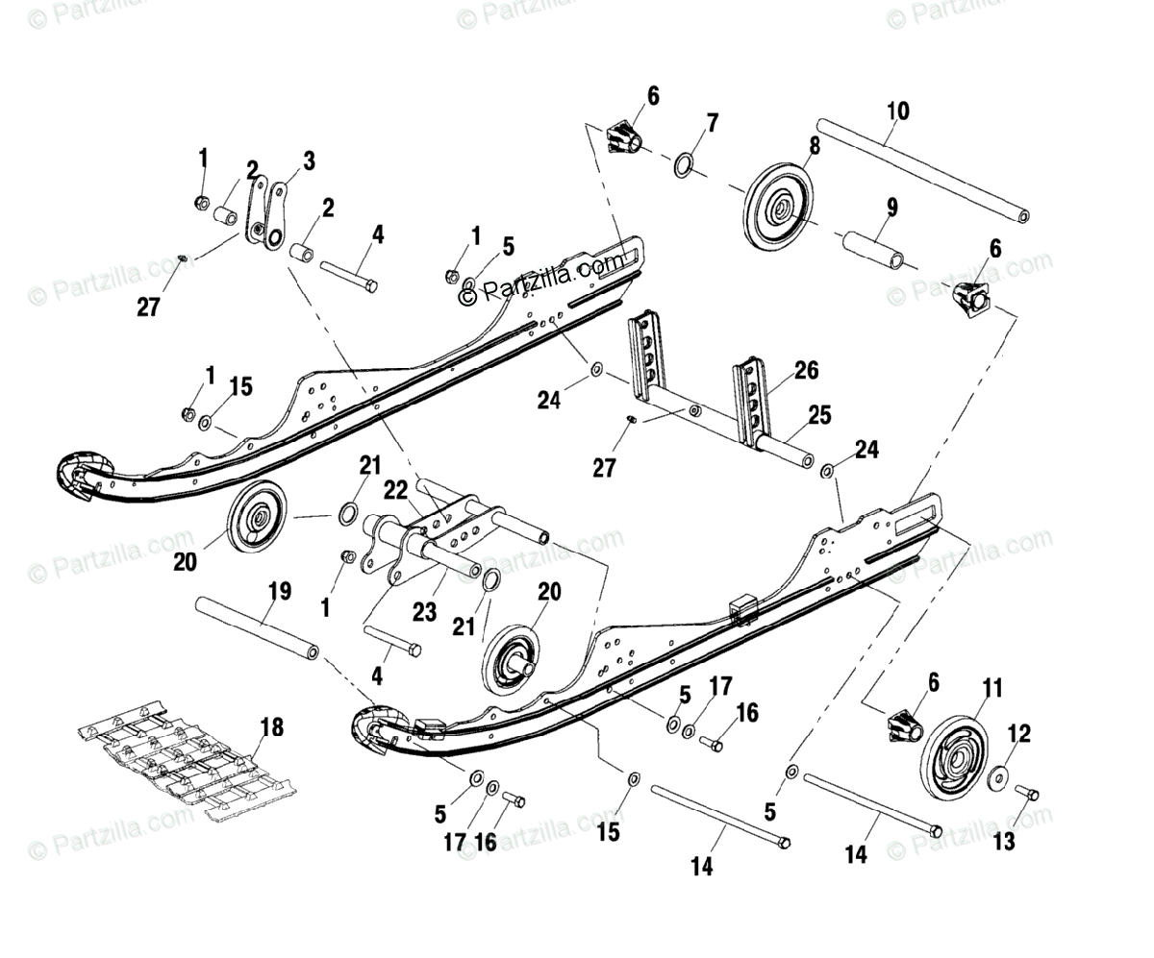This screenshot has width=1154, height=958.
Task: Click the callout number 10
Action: tap(896, 110)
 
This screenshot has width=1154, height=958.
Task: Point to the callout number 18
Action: tap(272, 726)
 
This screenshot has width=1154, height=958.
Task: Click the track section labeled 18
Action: tap(183, 759)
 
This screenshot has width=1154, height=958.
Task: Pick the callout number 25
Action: tap(820, 415)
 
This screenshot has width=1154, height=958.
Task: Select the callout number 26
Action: tap(806, 370)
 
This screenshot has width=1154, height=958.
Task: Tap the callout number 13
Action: tap(1003, 842)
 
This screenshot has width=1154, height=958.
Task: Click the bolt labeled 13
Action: tap(1026, 793)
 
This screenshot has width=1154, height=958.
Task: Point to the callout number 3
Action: tap(308, 160)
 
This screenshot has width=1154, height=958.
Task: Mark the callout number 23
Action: tap(425, 611)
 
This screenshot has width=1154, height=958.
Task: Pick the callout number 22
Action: tap(395, 489)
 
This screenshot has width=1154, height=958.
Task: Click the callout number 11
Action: tap(991, 688)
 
